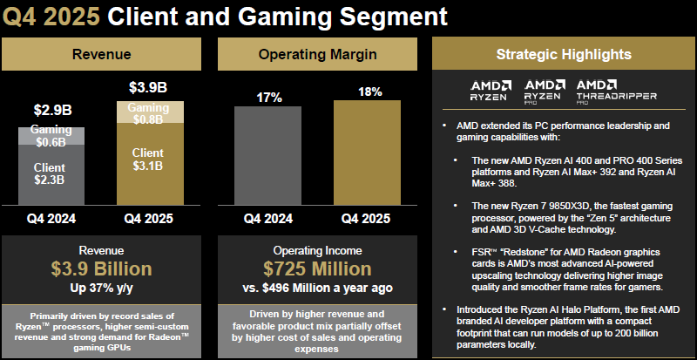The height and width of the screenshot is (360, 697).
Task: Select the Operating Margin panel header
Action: [317, 55]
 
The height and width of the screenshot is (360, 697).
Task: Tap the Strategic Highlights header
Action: [562, 55]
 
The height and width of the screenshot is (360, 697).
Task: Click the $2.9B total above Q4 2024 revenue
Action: [51, 111]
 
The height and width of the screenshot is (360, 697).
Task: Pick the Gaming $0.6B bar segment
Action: [51, 136]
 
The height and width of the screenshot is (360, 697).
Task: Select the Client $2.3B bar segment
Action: [51, 174]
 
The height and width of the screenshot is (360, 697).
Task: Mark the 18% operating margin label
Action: [369, 91]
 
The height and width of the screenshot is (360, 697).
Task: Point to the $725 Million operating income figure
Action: [317, 268]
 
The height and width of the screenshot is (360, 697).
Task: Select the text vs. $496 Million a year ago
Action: [317, 287]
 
